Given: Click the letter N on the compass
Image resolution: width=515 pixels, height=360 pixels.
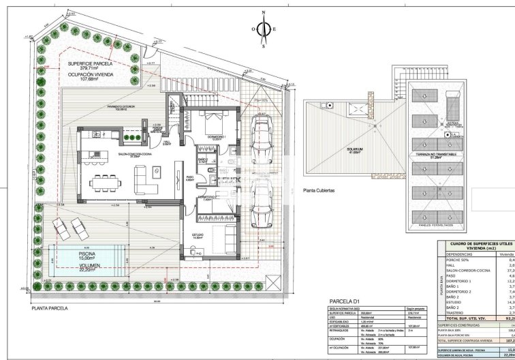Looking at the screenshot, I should coord(263,13).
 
